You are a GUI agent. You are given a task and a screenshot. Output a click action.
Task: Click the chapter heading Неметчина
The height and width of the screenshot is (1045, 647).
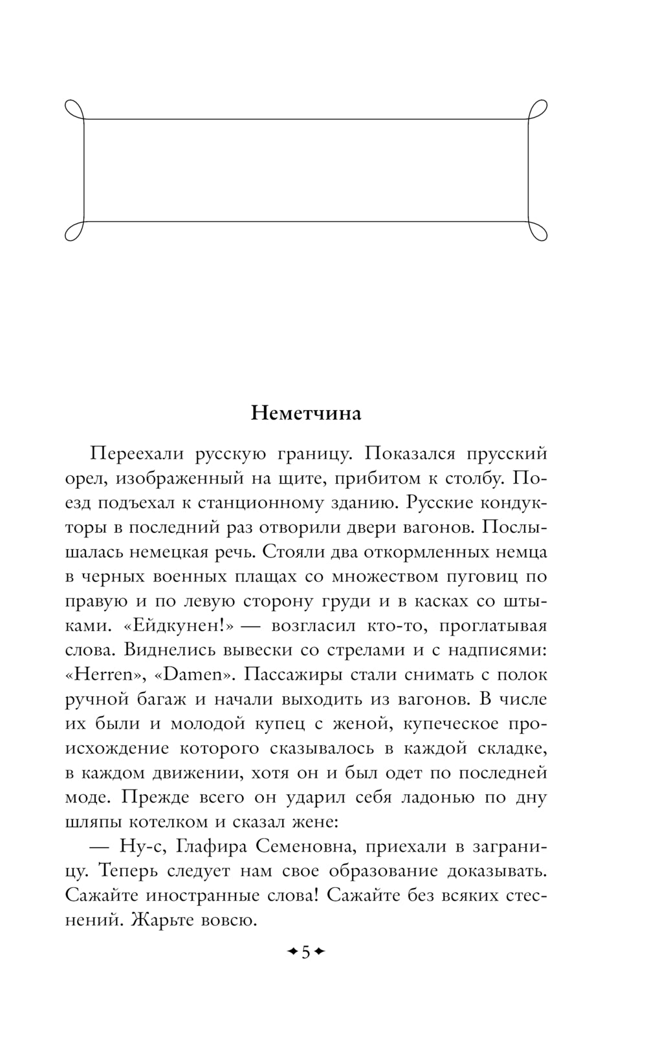(x=306, y=413)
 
